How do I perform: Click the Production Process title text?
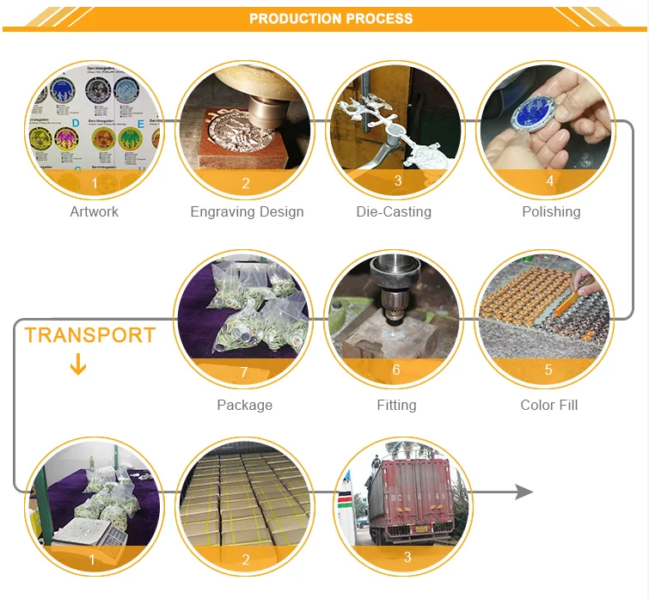331,18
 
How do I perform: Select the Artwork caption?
95,211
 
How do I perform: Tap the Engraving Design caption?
247,211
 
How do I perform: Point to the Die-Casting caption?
394,211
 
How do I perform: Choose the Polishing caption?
551,211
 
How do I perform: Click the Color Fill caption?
549,405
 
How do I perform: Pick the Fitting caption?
396,405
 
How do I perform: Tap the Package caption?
244,405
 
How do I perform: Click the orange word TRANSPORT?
90,335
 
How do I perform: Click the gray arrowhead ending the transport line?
523,492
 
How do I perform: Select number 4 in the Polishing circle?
550,181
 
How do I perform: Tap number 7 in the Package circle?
244,372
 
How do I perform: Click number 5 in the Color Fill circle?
548,370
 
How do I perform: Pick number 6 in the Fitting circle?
396,370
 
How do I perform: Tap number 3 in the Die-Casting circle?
398,181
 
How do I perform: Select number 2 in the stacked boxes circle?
246,559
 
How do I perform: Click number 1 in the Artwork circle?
95,183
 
